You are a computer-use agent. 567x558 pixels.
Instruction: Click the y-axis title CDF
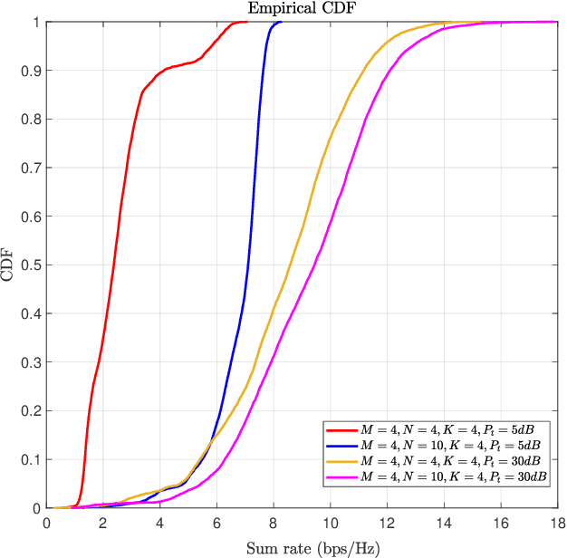pos(8,265)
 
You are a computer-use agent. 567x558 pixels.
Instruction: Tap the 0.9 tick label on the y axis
pos(31,71)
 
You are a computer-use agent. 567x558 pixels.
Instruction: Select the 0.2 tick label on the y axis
pos(31,411)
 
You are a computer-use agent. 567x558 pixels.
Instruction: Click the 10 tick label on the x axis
pos(330,523)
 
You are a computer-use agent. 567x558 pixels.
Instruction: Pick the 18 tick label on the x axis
pos(556,523)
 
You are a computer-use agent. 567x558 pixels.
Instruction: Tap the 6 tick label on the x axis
pos(216,523)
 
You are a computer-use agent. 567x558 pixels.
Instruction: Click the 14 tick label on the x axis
pos(443,523)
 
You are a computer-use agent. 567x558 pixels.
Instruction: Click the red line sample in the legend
pos(341,430)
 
